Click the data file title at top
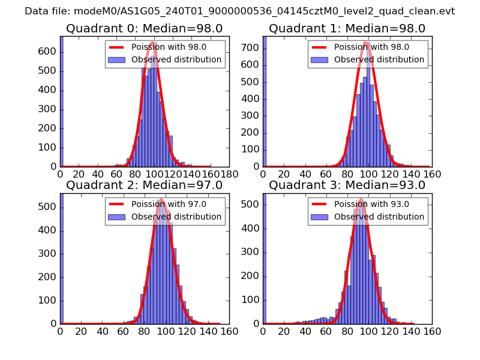240,11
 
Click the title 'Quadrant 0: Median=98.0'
144,29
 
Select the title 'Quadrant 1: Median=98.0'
347,29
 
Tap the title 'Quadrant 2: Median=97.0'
144,185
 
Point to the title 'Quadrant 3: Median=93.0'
347,185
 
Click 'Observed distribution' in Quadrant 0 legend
176,59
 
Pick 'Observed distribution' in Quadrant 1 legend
379,59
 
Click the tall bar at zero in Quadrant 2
61,258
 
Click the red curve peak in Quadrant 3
361,200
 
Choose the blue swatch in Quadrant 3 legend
319,217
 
